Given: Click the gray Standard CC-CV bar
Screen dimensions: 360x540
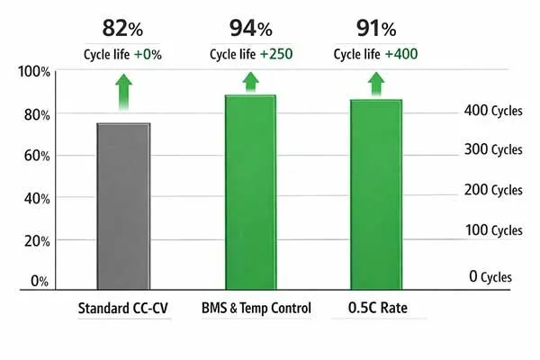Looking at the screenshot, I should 123,206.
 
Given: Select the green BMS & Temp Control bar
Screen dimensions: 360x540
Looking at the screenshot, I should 249,193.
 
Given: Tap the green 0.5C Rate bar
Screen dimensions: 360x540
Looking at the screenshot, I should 375,194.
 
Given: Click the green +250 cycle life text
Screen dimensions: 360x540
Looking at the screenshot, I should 276,54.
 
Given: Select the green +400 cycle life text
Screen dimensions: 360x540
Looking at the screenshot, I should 400,54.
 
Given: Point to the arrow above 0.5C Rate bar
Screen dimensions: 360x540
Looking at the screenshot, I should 375,84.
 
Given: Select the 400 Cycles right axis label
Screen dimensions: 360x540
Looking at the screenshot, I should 493,111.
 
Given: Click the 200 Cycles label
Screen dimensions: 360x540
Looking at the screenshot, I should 493,190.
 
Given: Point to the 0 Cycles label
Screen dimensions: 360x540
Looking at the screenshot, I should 490,275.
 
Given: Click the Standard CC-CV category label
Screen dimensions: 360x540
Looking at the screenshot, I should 124,309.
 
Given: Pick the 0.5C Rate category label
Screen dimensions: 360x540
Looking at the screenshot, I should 374,309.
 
